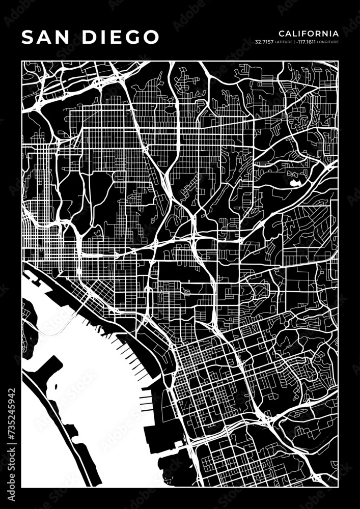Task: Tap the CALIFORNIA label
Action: click(309, 33)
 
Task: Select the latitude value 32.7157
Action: click(263, 42)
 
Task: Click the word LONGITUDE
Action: click(327, 42)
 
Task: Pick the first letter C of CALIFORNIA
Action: click(281, 33)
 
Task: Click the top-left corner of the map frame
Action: click(22, 62)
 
